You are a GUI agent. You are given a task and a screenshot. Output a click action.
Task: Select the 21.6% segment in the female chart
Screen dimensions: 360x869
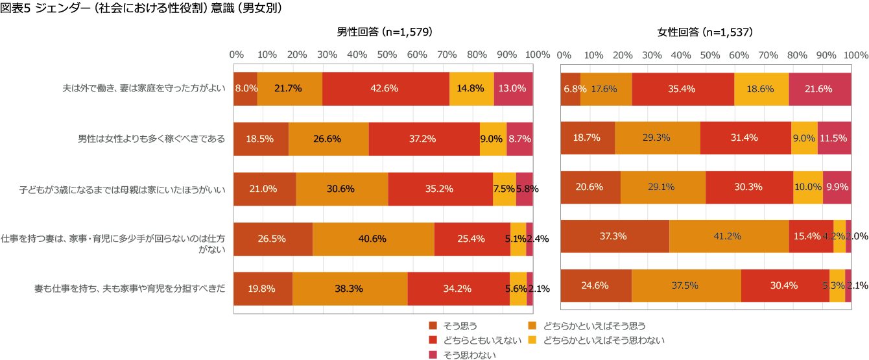(820, 89)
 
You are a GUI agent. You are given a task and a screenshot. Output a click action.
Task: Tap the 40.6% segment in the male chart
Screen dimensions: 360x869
(373, 238)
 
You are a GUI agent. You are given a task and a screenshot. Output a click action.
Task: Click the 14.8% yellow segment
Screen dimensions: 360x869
(471, 89)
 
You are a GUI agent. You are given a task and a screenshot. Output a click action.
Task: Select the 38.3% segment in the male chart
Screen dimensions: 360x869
(350, 289)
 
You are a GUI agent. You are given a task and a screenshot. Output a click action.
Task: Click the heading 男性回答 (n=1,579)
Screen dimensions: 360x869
(384, 32)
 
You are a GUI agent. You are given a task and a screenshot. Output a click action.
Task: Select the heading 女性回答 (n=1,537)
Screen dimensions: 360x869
(705, 32)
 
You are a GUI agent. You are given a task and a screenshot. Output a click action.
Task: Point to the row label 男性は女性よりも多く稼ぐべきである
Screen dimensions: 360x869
(152, 139)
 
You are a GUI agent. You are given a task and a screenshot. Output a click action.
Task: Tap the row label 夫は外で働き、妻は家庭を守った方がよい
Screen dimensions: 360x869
(143, 89)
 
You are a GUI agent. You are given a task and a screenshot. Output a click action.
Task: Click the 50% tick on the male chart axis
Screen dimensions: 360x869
(387, 54)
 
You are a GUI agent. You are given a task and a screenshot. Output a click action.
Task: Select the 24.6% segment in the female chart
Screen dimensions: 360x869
(596, 286)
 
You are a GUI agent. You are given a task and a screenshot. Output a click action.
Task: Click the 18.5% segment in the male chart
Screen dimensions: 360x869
(261, 139)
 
